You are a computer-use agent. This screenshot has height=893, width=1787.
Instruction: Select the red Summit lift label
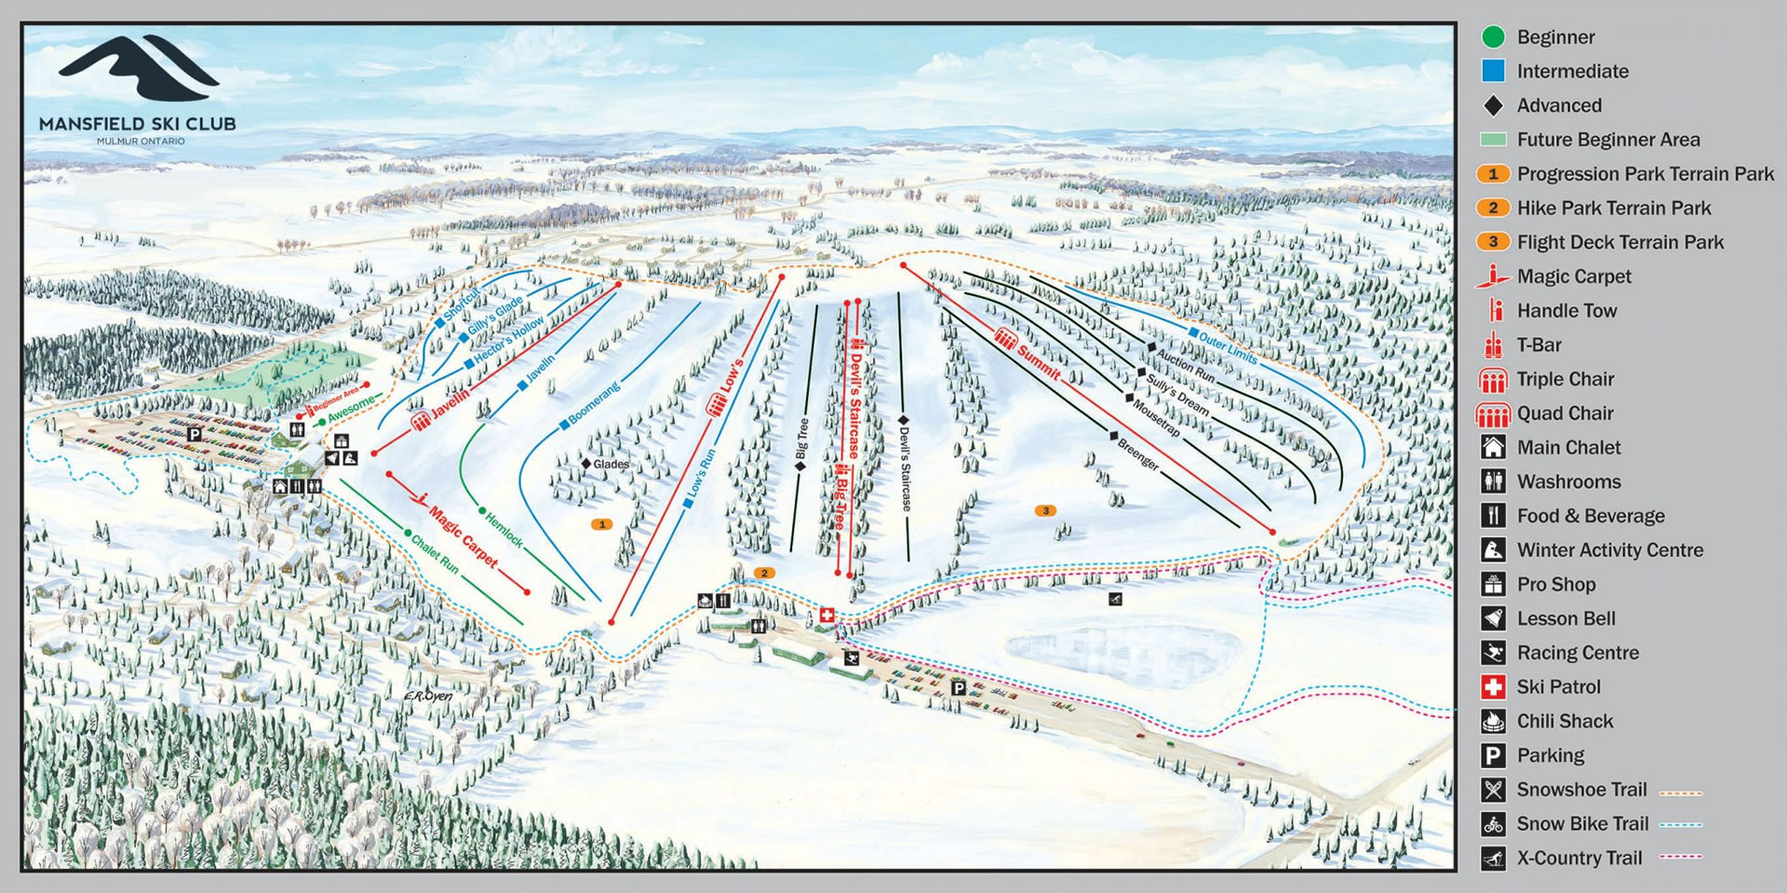pos(1037,360)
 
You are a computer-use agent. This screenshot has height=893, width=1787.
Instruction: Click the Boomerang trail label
pos(593,403)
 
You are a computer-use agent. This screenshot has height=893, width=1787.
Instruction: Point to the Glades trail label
pos(611,464)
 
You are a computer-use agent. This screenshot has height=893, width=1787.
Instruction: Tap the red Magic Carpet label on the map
pos(463,537)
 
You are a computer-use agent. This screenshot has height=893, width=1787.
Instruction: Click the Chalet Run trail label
pos(435,553)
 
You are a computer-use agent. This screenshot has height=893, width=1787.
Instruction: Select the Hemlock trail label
pos(504,529)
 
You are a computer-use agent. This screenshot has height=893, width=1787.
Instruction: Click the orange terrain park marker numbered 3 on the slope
pos(1046,510)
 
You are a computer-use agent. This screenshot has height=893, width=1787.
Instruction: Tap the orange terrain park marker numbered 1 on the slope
pos(602,524)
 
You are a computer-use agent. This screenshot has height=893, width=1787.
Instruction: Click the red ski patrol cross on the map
pos(826,616)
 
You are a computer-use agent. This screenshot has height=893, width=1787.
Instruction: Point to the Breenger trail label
pos(1137,452)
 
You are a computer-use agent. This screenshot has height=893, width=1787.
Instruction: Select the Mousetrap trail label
pos(1157,418)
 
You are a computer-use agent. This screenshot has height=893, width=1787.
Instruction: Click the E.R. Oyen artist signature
pos(428,697)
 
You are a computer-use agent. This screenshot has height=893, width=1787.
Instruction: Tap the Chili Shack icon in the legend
pos(1493,721)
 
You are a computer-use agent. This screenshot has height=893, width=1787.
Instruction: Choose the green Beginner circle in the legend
pos(1493,37)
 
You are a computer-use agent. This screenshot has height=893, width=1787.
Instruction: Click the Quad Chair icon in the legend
pos(1493,413)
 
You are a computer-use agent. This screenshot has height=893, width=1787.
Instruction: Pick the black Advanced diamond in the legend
pos(1493,105)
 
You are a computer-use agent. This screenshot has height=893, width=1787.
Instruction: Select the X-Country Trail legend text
pos(1579,858)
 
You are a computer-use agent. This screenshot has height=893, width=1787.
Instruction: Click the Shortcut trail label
pos(462,304)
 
